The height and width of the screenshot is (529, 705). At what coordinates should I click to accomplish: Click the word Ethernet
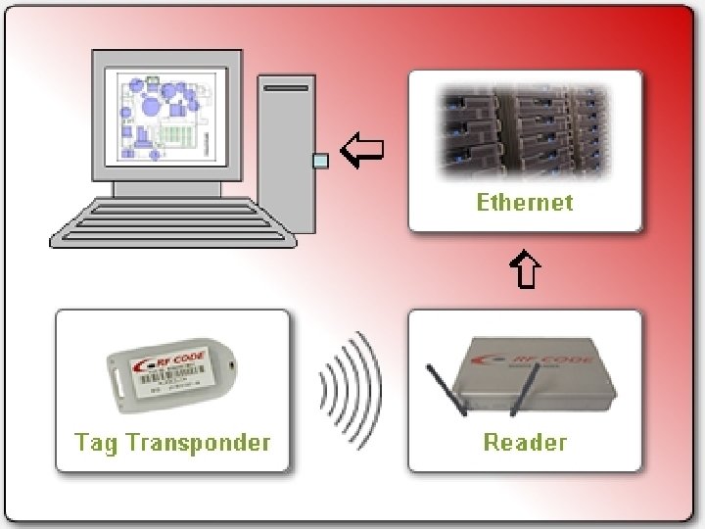(x=524, y=203)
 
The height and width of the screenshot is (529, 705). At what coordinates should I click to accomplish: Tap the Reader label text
(x=525, y=442)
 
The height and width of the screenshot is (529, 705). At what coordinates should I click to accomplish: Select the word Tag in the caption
(x=93, y=442)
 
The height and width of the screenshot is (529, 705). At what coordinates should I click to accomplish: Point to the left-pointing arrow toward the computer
(x=361, y=151)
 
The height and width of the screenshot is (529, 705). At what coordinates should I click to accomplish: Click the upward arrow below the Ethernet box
(x=525, y=270)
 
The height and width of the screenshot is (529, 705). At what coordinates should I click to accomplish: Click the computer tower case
(x=286, y=152)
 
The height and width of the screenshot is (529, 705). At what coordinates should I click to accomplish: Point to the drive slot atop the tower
(x=286, y=88)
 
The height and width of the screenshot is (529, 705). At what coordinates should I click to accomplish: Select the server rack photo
(x=524, y=133)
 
